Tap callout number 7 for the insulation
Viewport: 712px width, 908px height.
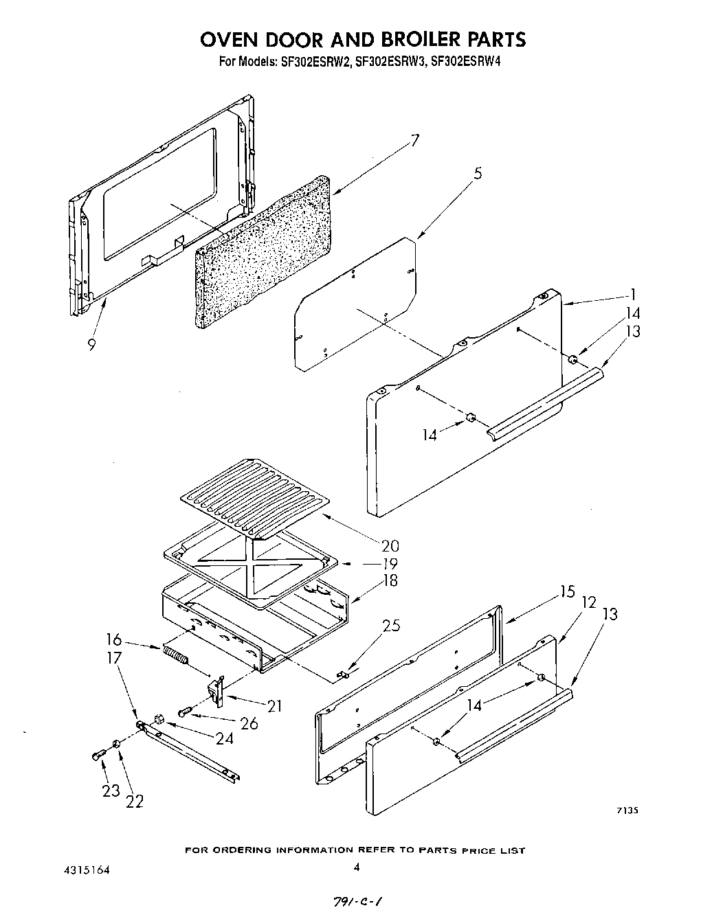[x=414, y=142]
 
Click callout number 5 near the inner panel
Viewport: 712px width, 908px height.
[x=477, y=174]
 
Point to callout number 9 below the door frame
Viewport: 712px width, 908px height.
[x=92, y=345]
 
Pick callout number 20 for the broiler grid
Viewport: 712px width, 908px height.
[x=390, y=547]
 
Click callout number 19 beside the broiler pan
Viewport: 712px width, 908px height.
[x=390, y=564]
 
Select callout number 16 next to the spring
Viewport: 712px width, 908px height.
[x=114, y=641]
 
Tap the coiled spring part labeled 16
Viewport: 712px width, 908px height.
[x=175, y=655]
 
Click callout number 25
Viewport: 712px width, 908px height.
[x=391, y=626]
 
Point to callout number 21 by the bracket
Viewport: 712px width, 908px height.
[x=274, y=705]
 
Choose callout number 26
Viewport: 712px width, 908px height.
[x=249, y=723]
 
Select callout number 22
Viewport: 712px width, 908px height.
[x=135, y=801]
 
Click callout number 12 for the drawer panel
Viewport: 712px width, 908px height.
[x=588, y=602]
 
